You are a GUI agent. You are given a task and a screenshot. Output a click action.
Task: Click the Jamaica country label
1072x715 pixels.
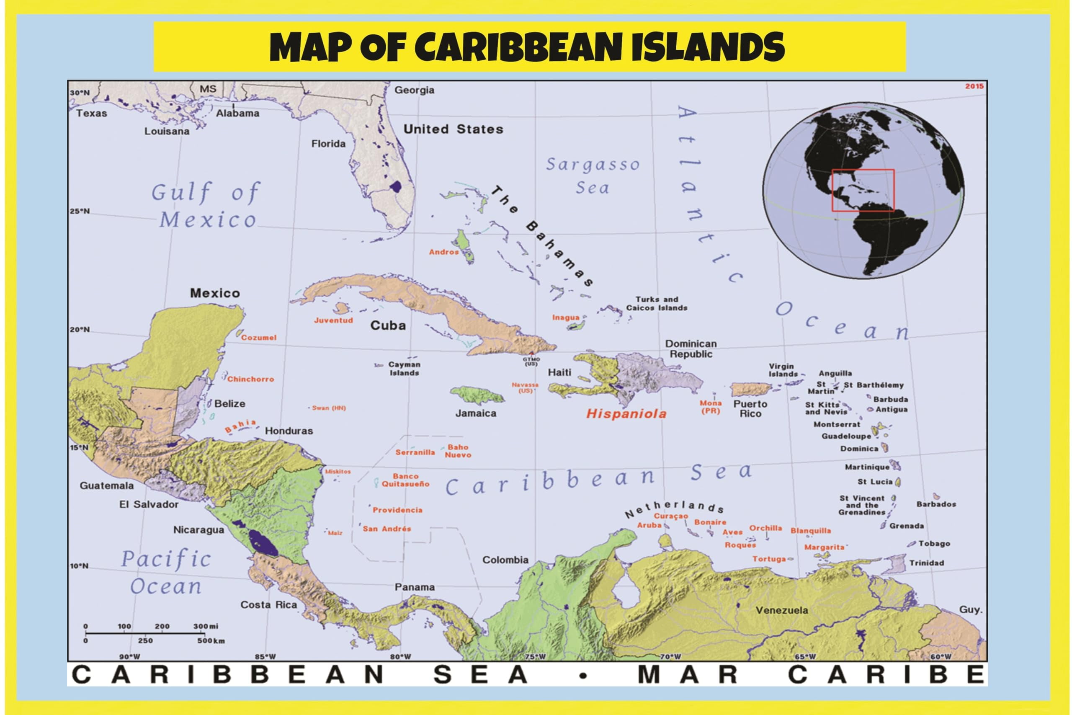476,413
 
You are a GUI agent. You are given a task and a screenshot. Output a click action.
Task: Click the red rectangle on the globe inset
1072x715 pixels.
863,190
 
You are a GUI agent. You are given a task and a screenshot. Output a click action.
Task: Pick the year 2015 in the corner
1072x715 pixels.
974,86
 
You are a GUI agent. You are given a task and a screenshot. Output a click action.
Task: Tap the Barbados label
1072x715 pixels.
936,504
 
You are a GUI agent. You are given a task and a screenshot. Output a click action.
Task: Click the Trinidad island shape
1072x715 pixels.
896,564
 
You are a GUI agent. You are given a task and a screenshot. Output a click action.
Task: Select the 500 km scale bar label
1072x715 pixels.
211,641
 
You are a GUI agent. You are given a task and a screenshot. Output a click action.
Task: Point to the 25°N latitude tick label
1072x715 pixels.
80,211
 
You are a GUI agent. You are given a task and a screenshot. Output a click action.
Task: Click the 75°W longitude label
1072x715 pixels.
535,657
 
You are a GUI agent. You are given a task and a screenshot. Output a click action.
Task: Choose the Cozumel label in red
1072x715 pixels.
258,338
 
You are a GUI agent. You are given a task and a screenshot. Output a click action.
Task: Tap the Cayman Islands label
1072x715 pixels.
404,369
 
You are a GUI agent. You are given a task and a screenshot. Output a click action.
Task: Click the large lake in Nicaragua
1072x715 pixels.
263,542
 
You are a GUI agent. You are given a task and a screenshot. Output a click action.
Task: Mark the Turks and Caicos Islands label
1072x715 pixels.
656,304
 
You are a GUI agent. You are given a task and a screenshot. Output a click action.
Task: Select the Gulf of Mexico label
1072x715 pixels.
206,205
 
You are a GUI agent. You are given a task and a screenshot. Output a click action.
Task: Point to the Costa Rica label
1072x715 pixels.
268,605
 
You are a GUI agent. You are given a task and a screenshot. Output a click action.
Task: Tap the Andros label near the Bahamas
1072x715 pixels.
443,252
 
